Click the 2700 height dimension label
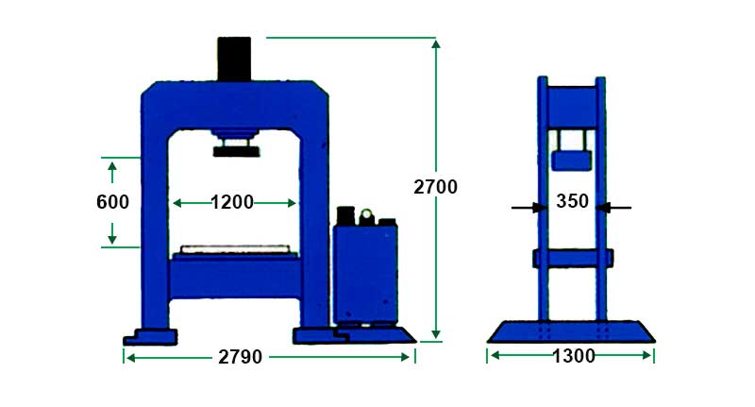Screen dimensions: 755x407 pos(435,187)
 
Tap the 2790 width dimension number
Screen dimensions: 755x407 pos(241,357)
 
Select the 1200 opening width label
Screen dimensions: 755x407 pos(232,202)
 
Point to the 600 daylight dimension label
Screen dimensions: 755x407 pos(112,202)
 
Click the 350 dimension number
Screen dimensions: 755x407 pos(572,201)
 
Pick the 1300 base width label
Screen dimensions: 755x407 pos(573,356)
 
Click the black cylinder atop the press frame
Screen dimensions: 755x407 pos(234,59)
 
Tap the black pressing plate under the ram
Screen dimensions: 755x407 pos(237,152)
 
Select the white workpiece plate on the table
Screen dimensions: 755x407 pos(235,249)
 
